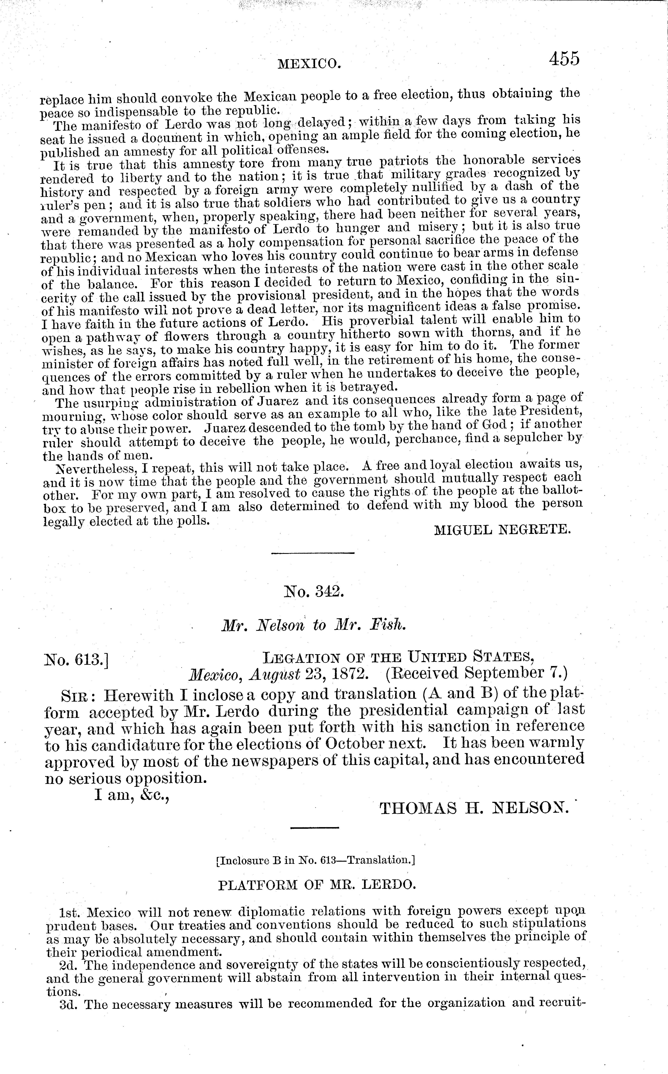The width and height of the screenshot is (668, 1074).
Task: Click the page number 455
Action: click(x=564, y=59)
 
